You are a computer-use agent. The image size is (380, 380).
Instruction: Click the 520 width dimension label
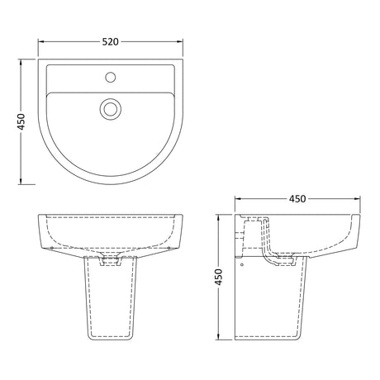coord(111,42)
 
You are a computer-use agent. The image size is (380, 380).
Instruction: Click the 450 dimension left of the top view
coord(21,121)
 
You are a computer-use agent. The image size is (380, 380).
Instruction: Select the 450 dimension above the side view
coord(297,198)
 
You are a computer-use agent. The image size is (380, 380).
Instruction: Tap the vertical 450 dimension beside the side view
coord(218,277)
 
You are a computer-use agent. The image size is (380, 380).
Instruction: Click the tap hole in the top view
coord(111,77)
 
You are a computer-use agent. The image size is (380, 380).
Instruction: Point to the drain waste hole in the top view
coord(111,109)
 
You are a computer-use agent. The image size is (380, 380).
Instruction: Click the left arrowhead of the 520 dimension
coord(41,41)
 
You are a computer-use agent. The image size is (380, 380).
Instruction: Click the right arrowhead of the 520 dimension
coord(180,41)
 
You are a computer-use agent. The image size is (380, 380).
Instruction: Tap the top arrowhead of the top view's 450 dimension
coord(21,62)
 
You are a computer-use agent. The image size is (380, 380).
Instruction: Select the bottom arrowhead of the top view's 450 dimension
coord(21,181)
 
